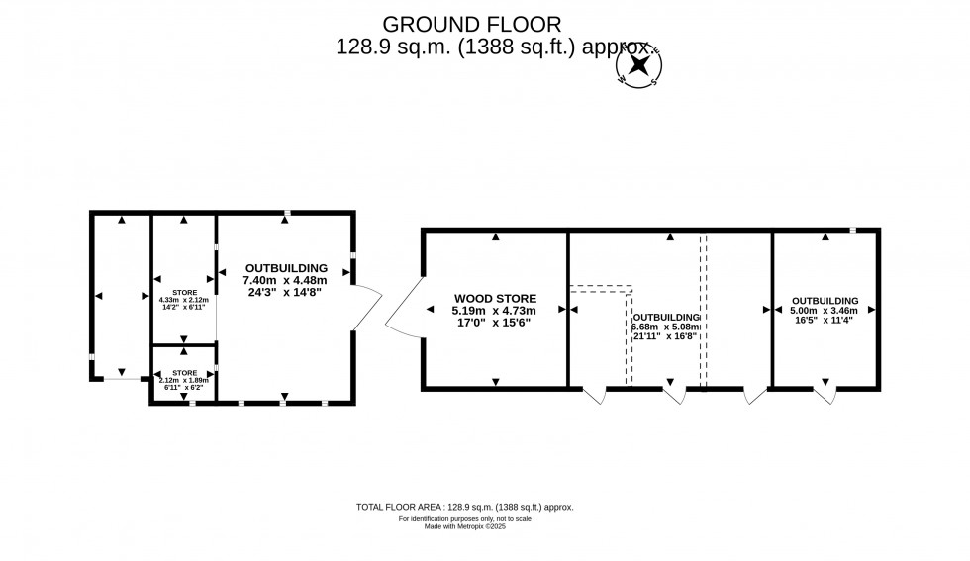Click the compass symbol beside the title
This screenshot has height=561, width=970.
[639, 66]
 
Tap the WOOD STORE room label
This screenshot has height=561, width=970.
[495, 298]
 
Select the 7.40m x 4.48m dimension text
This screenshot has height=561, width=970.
[286, 280]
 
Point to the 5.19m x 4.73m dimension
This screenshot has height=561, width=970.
[495, 310]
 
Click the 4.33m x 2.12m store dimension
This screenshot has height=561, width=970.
[184, 300]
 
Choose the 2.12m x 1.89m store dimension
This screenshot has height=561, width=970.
[184, 379]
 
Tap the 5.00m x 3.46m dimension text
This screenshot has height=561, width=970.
[824, 310]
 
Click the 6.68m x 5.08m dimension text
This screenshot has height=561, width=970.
[666, 327]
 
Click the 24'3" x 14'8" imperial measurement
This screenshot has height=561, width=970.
[286, 292]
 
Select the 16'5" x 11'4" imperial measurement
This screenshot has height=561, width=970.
[824, 320]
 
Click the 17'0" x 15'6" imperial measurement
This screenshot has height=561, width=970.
[495, 322]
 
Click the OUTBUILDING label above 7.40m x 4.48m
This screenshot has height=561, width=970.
[286, 268]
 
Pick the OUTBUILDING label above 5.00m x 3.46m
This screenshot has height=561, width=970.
[824, 300]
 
